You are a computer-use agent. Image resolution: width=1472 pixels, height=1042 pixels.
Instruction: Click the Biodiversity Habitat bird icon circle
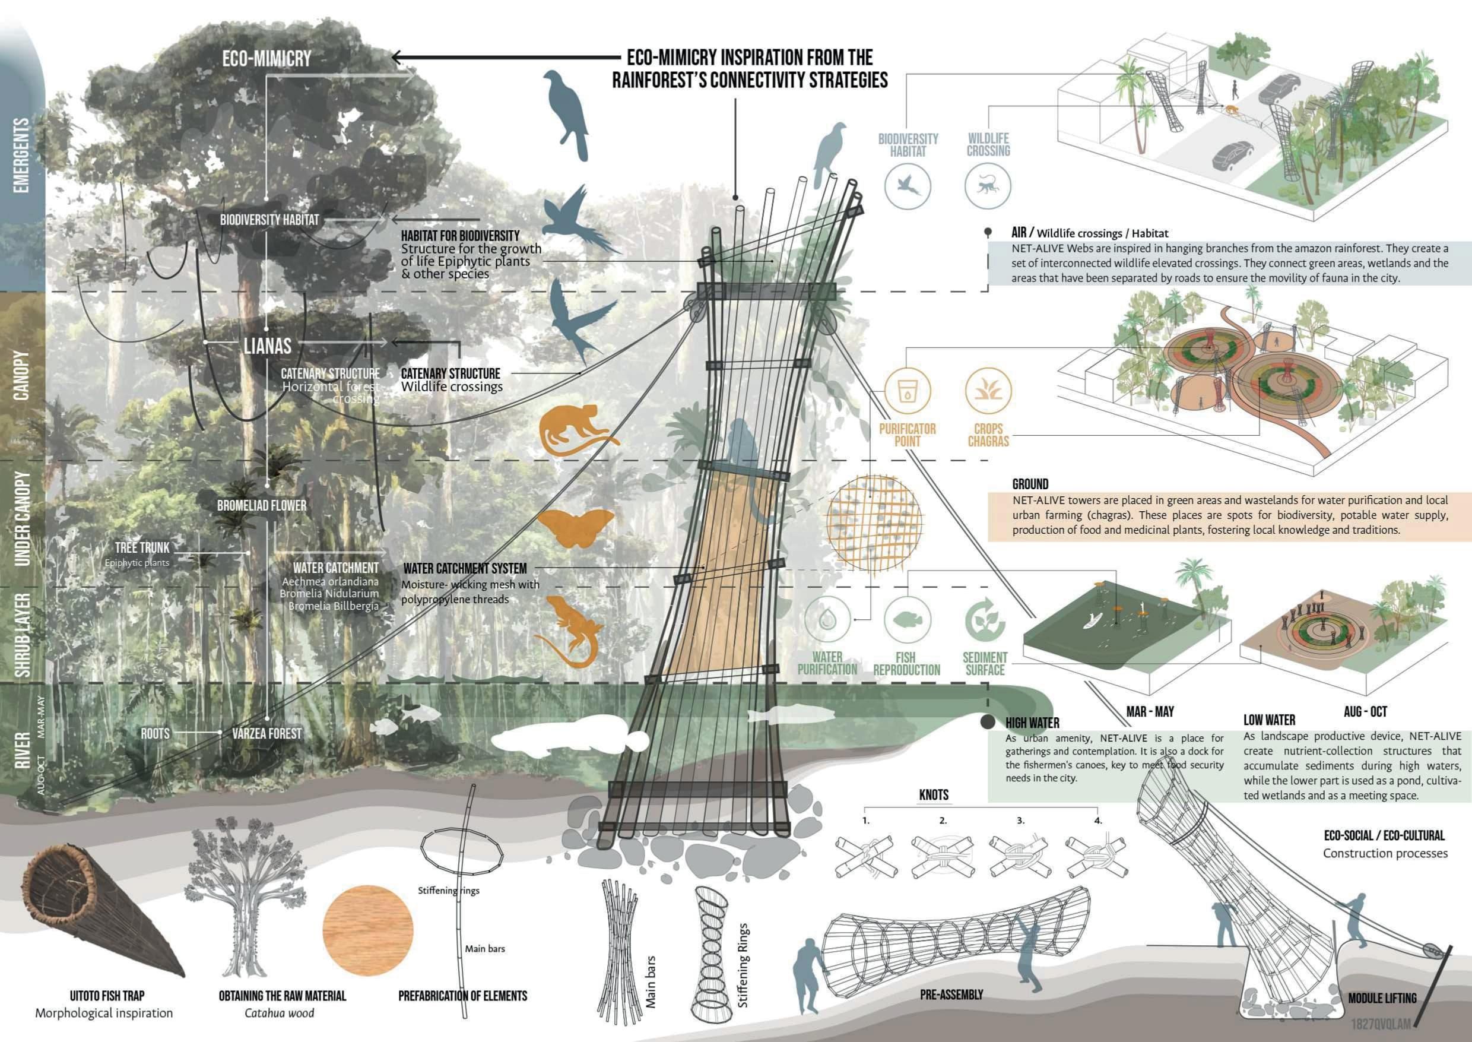pos(908,186)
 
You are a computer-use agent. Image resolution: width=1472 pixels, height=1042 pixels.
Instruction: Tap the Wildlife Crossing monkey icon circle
pos(988,186)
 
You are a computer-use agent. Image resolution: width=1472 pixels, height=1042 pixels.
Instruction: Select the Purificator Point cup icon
pos(907,390)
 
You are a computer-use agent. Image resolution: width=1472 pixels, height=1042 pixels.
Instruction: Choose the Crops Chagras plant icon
pos(988,390)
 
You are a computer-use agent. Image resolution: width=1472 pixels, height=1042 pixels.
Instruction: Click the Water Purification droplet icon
pos(827,619)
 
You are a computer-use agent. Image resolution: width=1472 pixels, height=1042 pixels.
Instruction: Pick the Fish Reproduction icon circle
pos(907,619)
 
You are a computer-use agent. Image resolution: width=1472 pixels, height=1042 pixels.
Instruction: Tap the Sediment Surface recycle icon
pos(985,619)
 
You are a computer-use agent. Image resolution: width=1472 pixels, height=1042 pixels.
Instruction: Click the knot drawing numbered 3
pos(1020,857)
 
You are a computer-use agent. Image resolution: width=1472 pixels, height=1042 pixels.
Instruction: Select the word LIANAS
pos(268,347)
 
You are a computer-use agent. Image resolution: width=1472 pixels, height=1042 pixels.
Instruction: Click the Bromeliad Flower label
pos(261,506)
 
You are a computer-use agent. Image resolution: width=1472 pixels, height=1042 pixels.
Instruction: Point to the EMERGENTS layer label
pos(21,154)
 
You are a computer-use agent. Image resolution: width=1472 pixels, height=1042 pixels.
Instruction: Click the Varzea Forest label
pos(267,733)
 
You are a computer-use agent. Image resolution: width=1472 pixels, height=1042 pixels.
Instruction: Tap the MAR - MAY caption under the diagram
pos(1150,711)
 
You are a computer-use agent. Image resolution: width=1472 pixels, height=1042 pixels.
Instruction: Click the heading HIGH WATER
pos(1032,723)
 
